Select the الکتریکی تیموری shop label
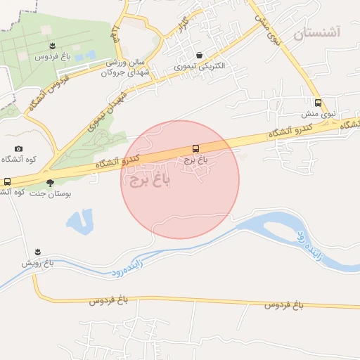click(x=201, y=66)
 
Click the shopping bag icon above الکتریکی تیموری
click(x=200, y=55)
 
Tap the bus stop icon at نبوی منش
click(x=318, y=103)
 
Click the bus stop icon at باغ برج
click(x=196, y=148)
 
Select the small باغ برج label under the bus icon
click(x=196, y=160)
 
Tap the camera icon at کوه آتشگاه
click(x=18, y=148)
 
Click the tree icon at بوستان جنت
click(x=49, y=182)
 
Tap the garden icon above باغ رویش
click(x=38, y=252)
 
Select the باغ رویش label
click(x=37, y=263)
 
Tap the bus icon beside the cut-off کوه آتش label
click(x=7, y=181)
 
